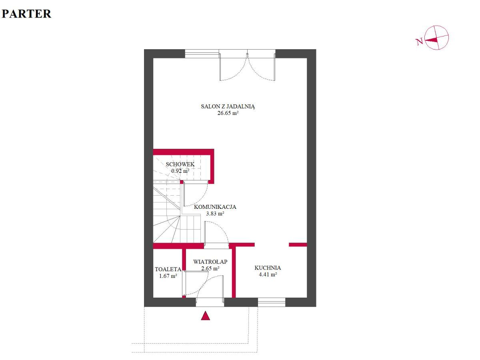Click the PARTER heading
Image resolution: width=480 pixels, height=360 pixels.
click(x=26, y=14)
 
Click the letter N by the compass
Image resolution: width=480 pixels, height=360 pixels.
click(x=419, y=41)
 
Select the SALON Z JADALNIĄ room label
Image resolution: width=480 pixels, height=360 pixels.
click(x=228, y=107)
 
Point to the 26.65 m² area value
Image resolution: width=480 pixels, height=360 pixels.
click(x=228, y=113)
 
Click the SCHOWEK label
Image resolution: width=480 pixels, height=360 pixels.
click(x=180, y=164)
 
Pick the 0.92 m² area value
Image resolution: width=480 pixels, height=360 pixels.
click(x=180, y=171)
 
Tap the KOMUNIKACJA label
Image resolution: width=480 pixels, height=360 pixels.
click(x=215, y=207)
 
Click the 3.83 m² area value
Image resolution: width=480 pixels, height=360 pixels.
click(x=215, y=214)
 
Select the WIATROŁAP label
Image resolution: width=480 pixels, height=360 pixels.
click(x=210, y=262)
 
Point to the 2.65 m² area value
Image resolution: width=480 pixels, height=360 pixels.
click(x=210, y=268)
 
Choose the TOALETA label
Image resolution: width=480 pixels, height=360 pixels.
click(x=168, y=269)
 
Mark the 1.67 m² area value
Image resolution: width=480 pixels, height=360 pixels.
click(x=168, y=276)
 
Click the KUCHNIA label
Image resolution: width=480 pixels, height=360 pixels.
click(x=268, y=268)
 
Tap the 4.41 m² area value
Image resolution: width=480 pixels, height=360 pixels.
click(x=268, y=274)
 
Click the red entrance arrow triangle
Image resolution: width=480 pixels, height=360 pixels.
click(x=205, y=316)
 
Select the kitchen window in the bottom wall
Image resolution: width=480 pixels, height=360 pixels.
click(x=272, y=302)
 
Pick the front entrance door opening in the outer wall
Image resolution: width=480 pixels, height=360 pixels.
click(x=210, y=302)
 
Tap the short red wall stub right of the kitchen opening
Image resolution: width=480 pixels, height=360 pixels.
click(x=298, y=244)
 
